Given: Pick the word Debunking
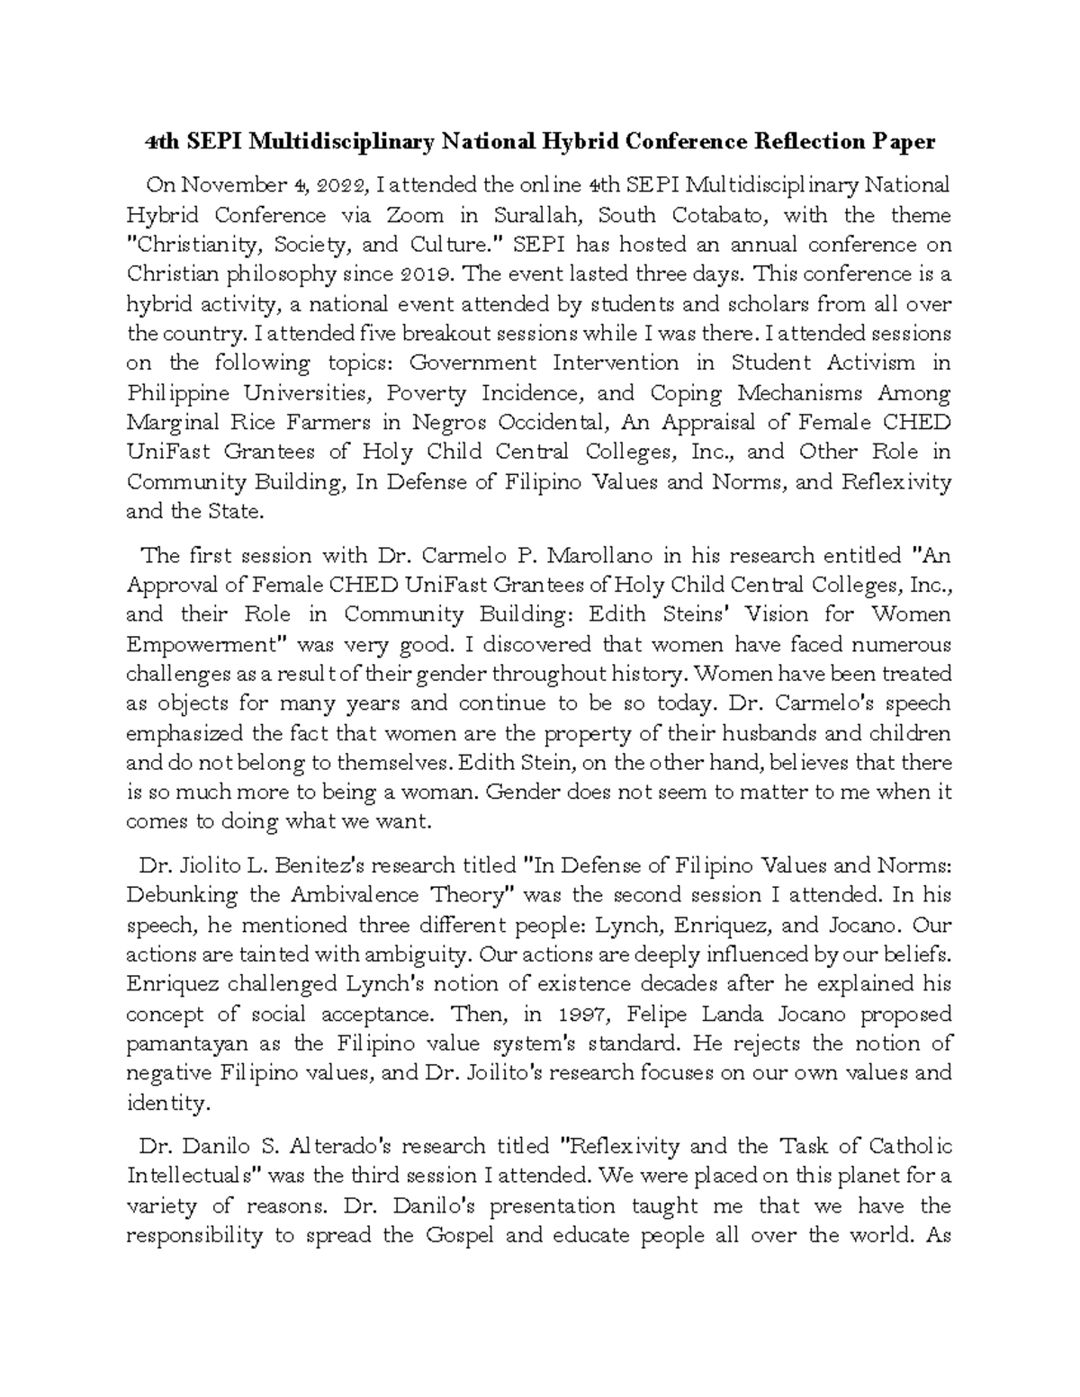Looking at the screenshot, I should click(183, 895).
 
